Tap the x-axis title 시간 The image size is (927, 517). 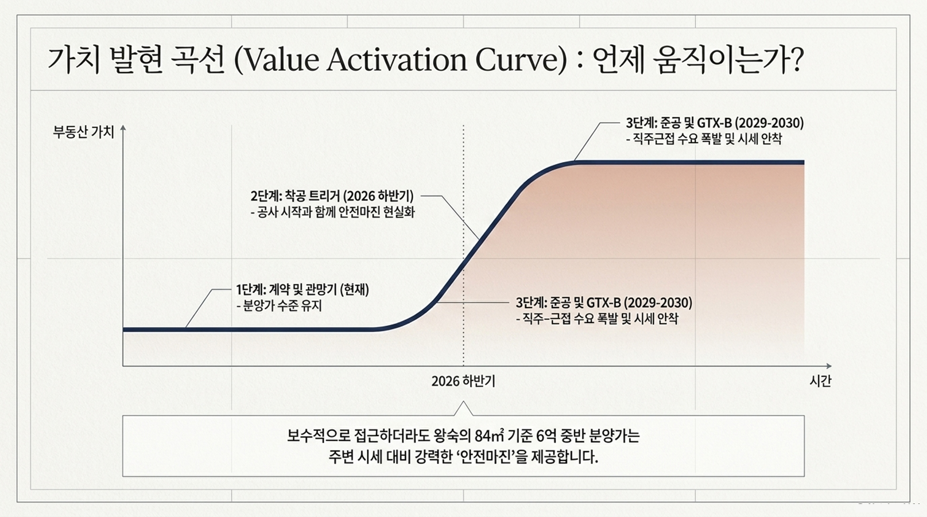[821, 381]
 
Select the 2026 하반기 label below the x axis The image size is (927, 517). [464, 381]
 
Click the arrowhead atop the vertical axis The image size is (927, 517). [123, 128]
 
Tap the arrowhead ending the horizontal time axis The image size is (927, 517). [829, 366]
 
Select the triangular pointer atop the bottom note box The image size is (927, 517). [464, 409]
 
